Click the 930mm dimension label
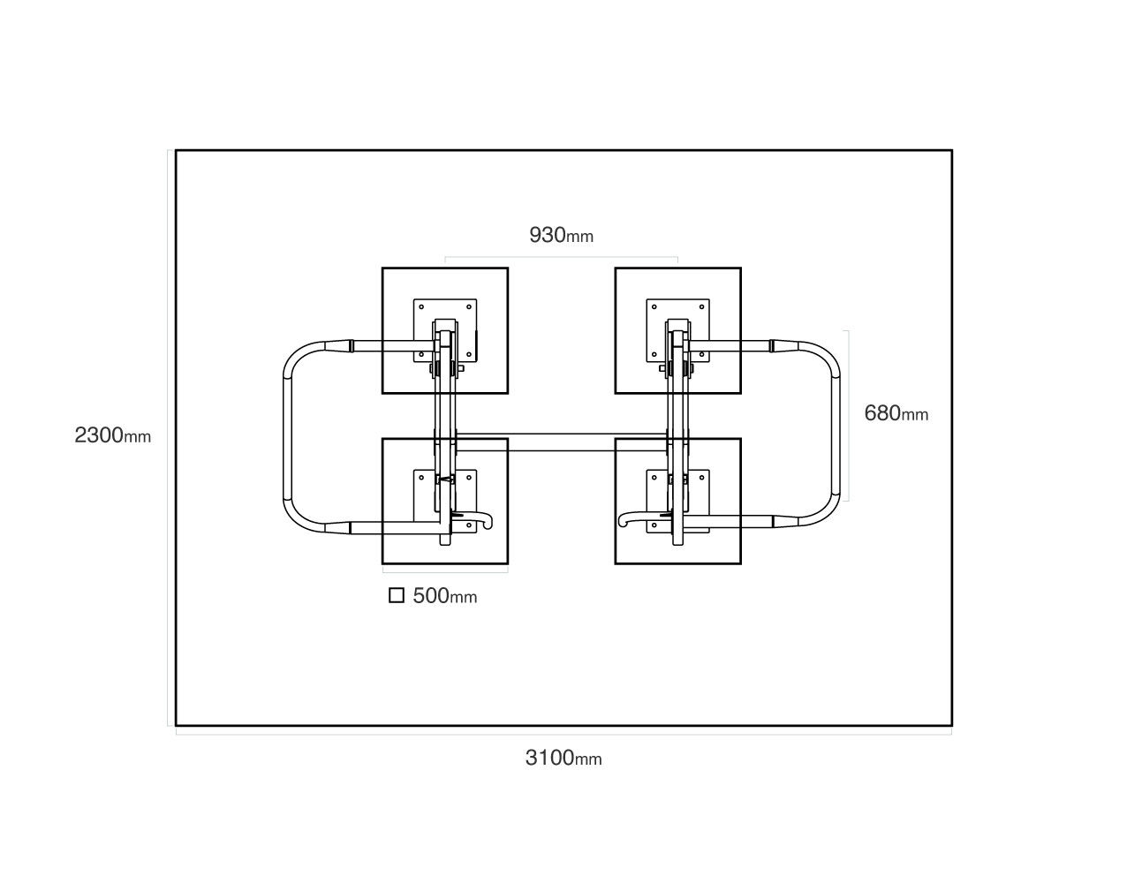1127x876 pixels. (561, 235)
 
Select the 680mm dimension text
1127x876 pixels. (896, 413)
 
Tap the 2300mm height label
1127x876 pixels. (112, 435)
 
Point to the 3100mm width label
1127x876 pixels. (563, 758)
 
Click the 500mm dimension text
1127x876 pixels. (444, 595)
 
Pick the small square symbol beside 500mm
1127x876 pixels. (397, 595)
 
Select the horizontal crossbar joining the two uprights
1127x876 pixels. (561, 442)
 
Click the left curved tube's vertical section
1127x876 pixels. (287, 436)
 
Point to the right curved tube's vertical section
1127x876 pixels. (836, 436)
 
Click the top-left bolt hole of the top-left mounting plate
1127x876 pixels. (421, 306)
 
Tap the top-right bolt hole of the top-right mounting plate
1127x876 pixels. (701, 306)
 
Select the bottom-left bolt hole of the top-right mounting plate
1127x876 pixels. (654, 354)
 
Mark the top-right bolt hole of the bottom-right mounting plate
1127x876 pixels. (701, 478)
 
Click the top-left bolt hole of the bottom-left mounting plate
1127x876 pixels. (421, 478)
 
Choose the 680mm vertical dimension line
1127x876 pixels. (849, 416)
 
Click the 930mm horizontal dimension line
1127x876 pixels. (561, 257)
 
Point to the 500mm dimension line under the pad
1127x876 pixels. (445, 572)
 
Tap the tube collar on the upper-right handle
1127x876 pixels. (772, 346)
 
